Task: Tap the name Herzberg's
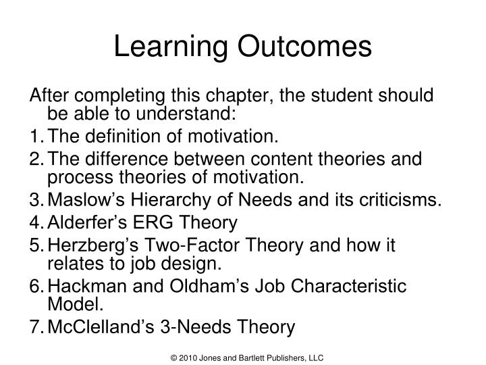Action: (x=94, y=244)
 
